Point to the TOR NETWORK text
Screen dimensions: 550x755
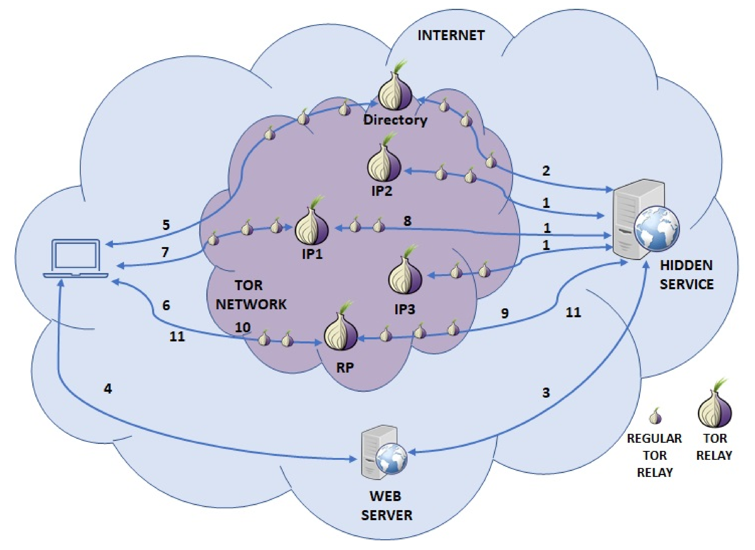(x=251, y=295)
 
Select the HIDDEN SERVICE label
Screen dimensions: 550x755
(x=686, y=275)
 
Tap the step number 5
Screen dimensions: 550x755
(x=166, y=225)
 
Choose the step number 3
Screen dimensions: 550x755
(x=546, y=393)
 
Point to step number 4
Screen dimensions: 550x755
(x=108, y=389)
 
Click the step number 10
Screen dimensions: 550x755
(x=243, y=327)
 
